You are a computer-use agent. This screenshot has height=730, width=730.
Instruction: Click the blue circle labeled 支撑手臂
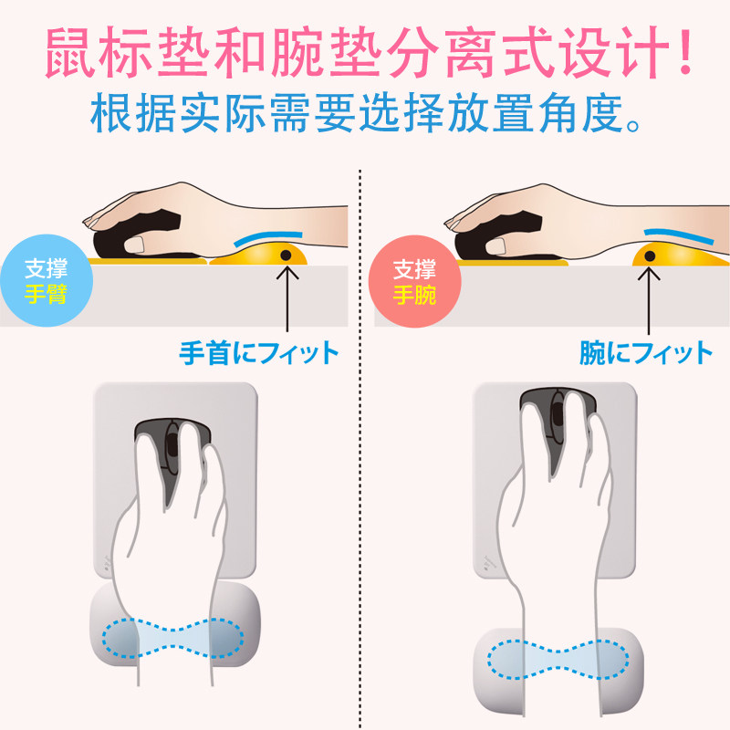pos(47,281)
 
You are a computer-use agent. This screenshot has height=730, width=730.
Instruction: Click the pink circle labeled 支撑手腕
pos(415,282)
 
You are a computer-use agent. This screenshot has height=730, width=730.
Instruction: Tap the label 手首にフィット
pos(259,353)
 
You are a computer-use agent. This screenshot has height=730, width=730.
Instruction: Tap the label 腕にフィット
pos(646,353)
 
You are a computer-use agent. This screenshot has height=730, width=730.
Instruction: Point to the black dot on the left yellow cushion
pos(286,255)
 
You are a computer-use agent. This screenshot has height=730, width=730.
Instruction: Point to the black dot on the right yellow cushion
pos(650,255)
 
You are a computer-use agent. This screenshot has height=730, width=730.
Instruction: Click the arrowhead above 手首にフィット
pos(287,271)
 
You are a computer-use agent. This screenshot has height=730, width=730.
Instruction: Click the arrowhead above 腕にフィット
pos(649,273)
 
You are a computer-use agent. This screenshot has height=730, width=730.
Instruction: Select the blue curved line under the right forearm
pos(678,235)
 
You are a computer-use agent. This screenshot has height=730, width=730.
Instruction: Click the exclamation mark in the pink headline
pos(684,51)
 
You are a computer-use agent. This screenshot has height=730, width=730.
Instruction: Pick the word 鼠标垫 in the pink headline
pos(127,51)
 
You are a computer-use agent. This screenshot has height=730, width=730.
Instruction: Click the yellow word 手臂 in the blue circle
pos(47,294)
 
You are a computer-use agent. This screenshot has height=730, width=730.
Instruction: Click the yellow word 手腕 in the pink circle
pos(414,295)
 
